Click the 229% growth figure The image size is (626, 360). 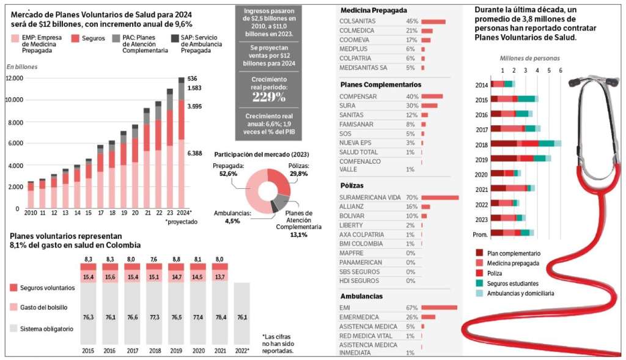[x=269, y=97]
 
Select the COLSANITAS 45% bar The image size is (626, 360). [x=433, y=21]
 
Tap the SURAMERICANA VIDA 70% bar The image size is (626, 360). [x=440, y=197]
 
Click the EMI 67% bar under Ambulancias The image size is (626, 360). [x=439, y=307]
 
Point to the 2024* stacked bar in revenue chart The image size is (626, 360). [x=181, y=142]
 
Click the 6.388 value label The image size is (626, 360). [x=194, y=153]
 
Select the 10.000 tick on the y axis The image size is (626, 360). [x=15, y=100]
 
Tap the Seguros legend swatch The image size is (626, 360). [x=75, y=39]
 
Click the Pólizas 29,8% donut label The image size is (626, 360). [x=298, y=170]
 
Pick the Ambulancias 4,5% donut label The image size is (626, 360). [x=232, y=217]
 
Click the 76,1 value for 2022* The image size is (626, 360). [x=242, y=317]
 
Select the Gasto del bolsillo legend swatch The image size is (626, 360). [x=13, y=307]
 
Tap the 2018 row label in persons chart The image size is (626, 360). [x=482, y=145]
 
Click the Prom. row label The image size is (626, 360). [x=481, y=235]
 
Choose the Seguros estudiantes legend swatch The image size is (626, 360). [x=479, y=284]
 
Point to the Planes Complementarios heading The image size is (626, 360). [x=380, y=84]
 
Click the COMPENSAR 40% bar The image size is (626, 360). [x=432, y=96]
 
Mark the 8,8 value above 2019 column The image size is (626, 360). [x=177, y=259]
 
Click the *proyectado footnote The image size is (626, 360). [x=181, y=222]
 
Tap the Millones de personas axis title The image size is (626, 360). [x=530, y=58]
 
